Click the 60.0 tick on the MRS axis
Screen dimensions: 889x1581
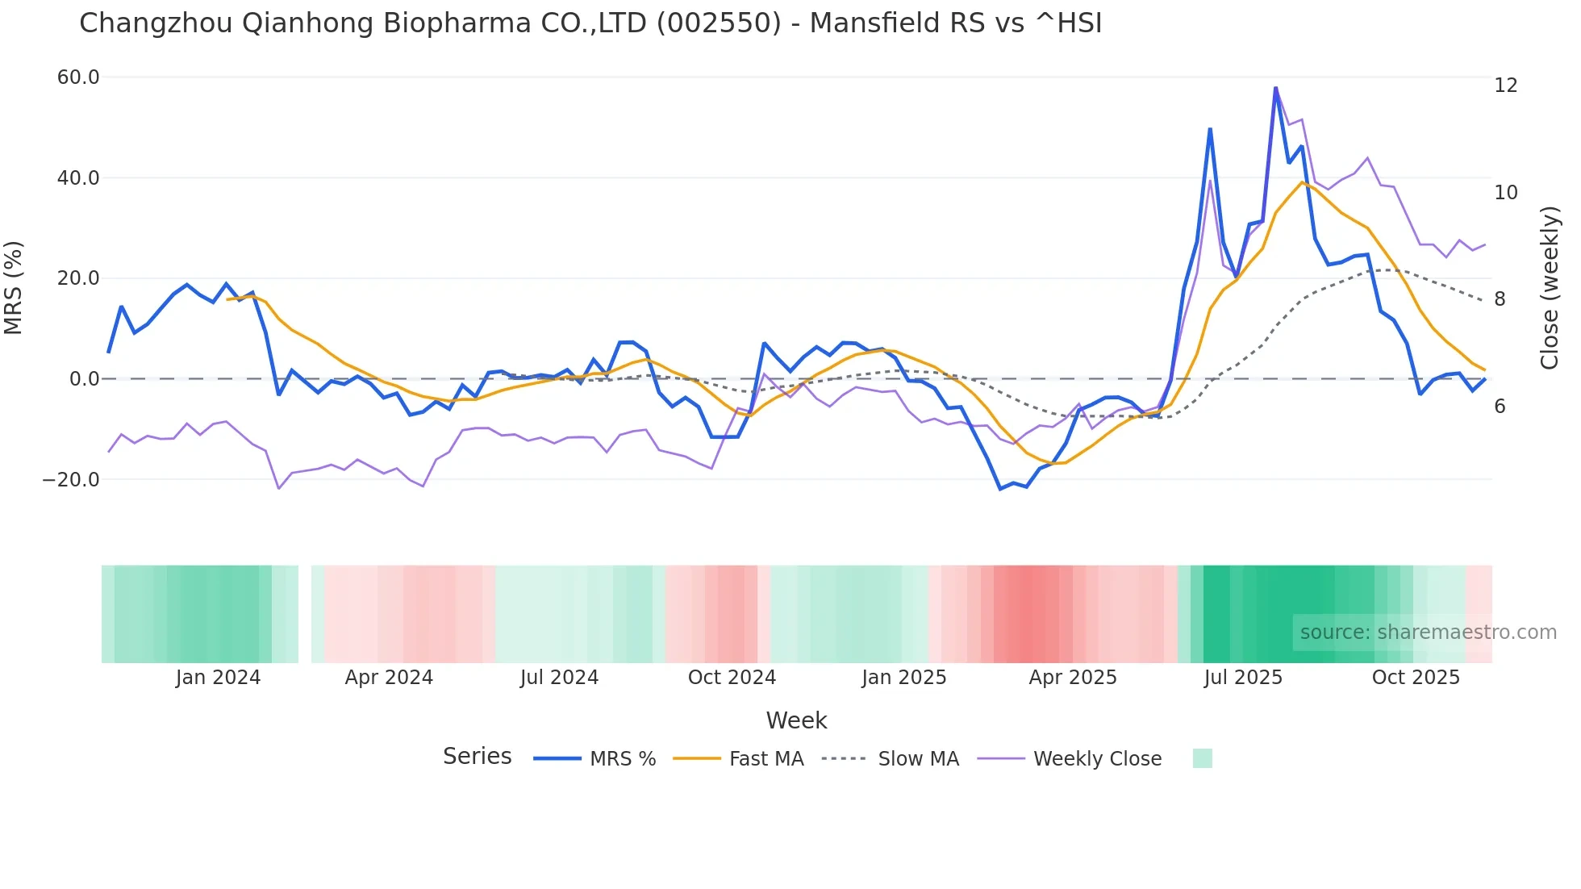click(78, 77)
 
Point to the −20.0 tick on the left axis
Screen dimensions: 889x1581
click(71, 480)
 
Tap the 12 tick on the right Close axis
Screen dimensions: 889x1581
click(1505, 86)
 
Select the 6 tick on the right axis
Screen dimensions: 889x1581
click(1500, 407)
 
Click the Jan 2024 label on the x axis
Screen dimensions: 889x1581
click(218, 678)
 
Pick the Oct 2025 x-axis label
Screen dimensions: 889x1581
click(1416, 678)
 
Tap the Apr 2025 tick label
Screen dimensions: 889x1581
click(1072, 678)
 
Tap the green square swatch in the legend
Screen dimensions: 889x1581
click(1202, 758)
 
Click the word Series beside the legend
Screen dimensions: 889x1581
click(477, 757)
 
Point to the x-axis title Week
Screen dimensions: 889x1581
click(796, 720)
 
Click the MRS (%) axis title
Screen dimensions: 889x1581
click(14, 288)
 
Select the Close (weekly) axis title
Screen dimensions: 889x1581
click(1549, 288)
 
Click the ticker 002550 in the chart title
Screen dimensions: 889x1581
click(719, 23)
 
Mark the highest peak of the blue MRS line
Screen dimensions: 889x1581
click(1275, 88)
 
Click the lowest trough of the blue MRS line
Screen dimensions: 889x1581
click(1000, 489)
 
